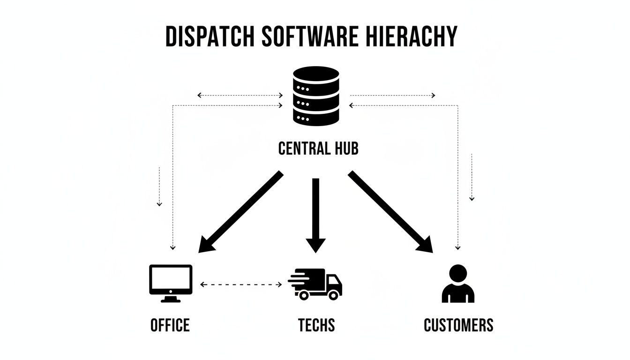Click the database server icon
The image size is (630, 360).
[x=315, y=96]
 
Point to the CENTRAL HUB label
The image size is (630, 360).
[x=318, y=149]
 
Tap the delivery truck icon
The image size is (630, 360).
[x=315, y=284]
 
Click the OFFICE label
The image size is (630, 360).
[x=170, y=325]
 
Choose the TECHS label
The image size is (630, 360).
[x=316, y=325]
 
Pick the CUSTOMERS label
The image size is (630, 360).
[x=458, y=325]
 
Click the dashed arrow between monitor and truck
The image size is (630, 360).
[x=241, y=284]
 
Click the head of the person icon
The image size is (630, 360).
[x=458, y=272]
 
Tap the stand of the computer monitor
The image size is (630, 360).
[x=171, y=299]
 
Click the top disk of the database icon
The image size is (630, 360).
[x=315, y=75]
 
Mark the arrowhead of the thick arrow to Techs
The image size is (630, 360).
[x=315, y=244]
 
